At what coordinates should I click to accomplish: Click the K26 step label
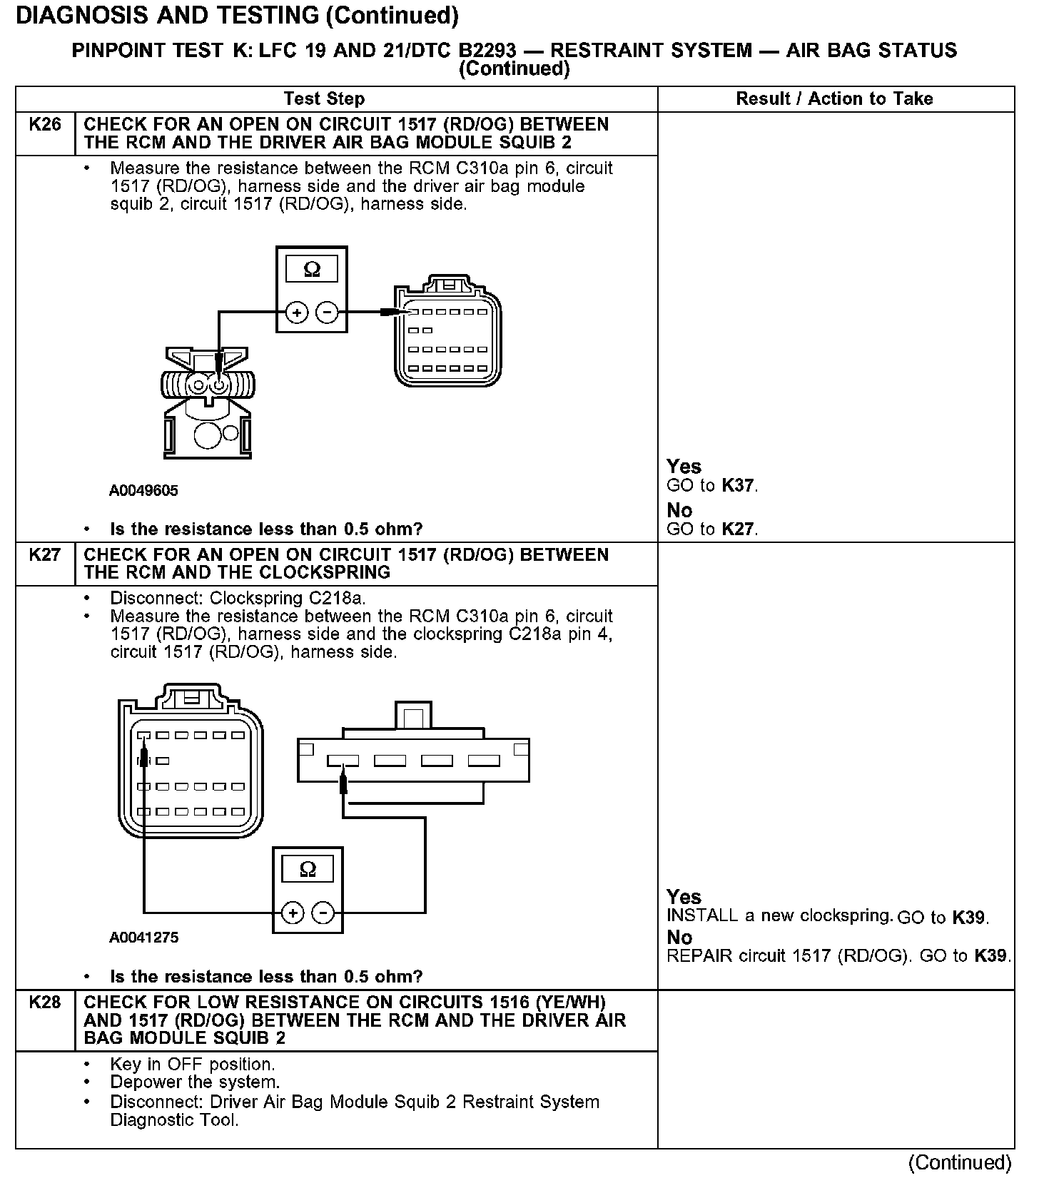44,125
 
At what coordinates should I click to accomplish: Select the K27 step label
44,555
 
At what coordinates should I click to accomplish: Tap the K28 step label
44,1002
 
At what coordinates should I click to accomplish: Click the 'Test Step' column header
324,98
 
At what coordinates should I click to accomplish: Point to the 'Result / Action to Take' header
834,98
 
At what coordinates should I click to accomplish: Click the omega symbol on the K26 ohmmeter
312,269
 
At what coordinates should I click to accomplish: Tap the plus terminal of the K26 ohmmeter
297,312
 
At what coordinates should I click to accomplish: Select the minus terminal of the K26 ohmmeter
327,312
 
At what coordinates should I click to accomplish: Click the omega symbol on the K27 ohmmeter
308,869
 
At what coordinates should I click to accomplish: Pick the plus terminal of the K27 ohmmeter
293,913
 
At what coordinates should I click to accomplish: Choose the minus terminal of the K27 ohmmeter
323,913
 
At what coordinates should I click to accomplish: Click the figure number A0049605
143,491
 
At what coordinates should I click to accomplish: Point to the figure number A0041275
143,938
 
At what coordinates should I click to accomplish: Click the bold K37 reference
738,486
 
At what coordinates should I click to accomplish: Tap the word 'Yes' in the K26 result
684,467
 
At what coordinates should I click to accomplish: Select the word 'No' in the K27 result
679,937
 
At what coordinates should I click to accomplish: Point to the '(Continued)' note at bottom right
960,1163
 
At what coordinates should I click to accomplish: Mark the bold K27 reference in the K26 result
738,529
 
